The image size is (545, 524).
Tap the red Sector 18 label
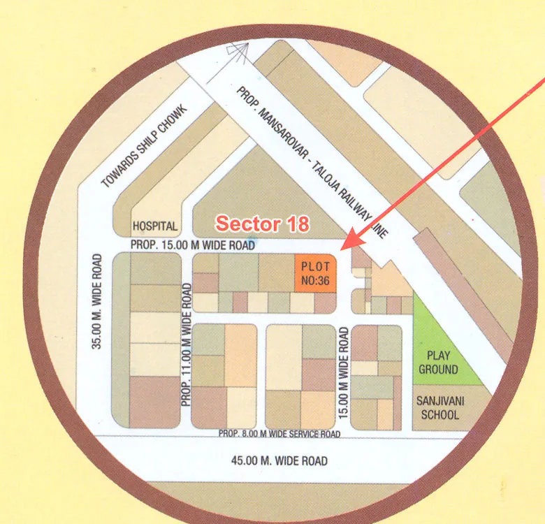261,224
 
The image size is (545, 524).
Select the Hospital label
155,226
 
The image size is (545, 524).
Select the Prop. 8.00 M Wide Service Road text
279,434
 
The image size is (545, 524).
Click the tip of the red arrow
342,247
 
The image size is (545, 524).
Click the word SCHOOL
439,414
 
